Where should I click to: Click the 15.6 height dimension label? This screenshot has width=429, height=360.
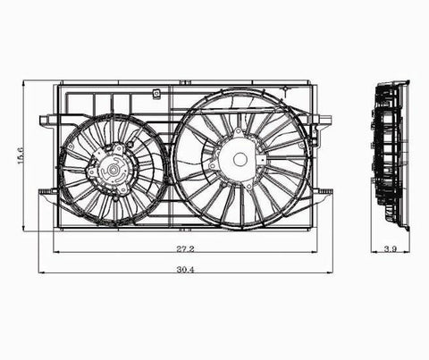point(21,155)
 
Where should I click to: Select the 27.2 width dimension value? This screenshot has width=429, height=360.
point(185,248)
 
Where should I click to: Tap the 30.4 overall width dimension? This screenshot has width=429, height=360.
point(185,270)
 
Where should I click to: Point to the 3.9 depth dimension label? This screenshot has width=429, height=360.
point(390,249)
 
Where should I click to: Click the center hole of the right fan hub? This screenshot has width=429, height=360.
point(240,160)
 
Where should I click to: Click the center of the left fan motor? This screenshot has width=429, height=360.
point(113,170)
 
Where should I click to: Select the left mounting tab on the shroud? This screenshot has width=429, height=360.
point(47,121)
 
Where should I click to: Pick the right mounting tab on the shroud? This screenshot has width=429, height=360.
point(324,120)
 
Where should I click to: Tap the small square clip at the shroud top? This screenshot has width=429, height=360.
point(156,94)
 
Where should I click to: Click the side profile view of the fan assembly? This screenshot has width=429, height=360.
point(391,155)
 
